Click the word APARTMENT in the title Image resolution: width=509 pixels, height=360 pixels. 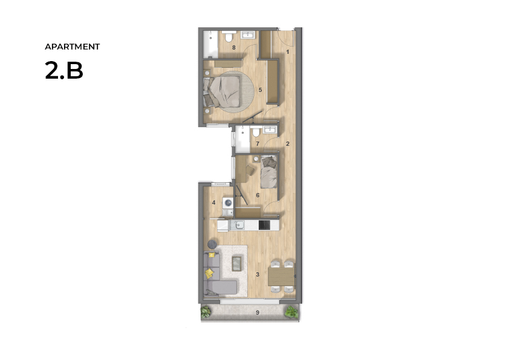click(x=72, y=47)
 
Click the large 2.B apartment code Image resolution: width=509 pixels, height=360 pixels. click(x=64, y=70)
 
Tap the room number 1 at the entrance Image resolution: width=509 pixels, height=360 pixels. click(x=288, y=52)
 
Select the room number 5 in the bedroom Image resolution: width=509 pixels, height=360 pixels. click(x=260, y=90)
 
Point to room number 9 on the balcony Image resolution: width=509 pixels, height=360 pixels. click(x=258, y=313)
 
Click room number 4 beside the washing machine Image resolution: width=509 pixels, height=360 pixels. click(x=213, y=203)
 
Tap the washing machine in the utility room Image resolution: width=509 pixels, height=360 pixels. click(x=228, y=203)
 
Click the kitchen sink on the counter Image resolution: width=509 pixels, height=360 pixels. click(x=237, y=225)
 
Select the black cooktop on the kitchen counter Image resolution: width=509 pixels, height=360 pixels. click(x=264, y=225)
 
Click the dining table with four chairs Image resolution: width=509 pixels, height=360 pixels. click(x=281, y=277)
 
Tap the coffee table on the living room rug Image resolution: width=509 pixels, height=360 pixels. click(x=236, y=263)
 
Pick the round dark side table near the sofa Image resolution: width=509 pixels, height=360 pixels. click(x=212, y=243)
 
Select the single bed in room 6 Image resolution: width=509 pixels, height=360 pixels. click(x=269, y=172)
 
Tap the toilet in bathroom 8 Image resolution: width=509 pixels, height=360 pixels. click(x=229, y=37)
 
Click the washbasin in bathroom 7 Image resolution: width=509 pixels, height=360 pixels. click(x=270, y=129)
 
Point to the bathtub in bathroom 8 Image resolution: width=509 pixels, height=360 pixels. click(x=210, y=45)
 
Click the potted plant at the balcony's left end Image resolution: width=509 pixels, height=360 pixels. click(x=206, y=312)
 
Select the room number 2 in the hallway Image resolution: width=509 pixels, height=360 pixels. click(x=288, y=144)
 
